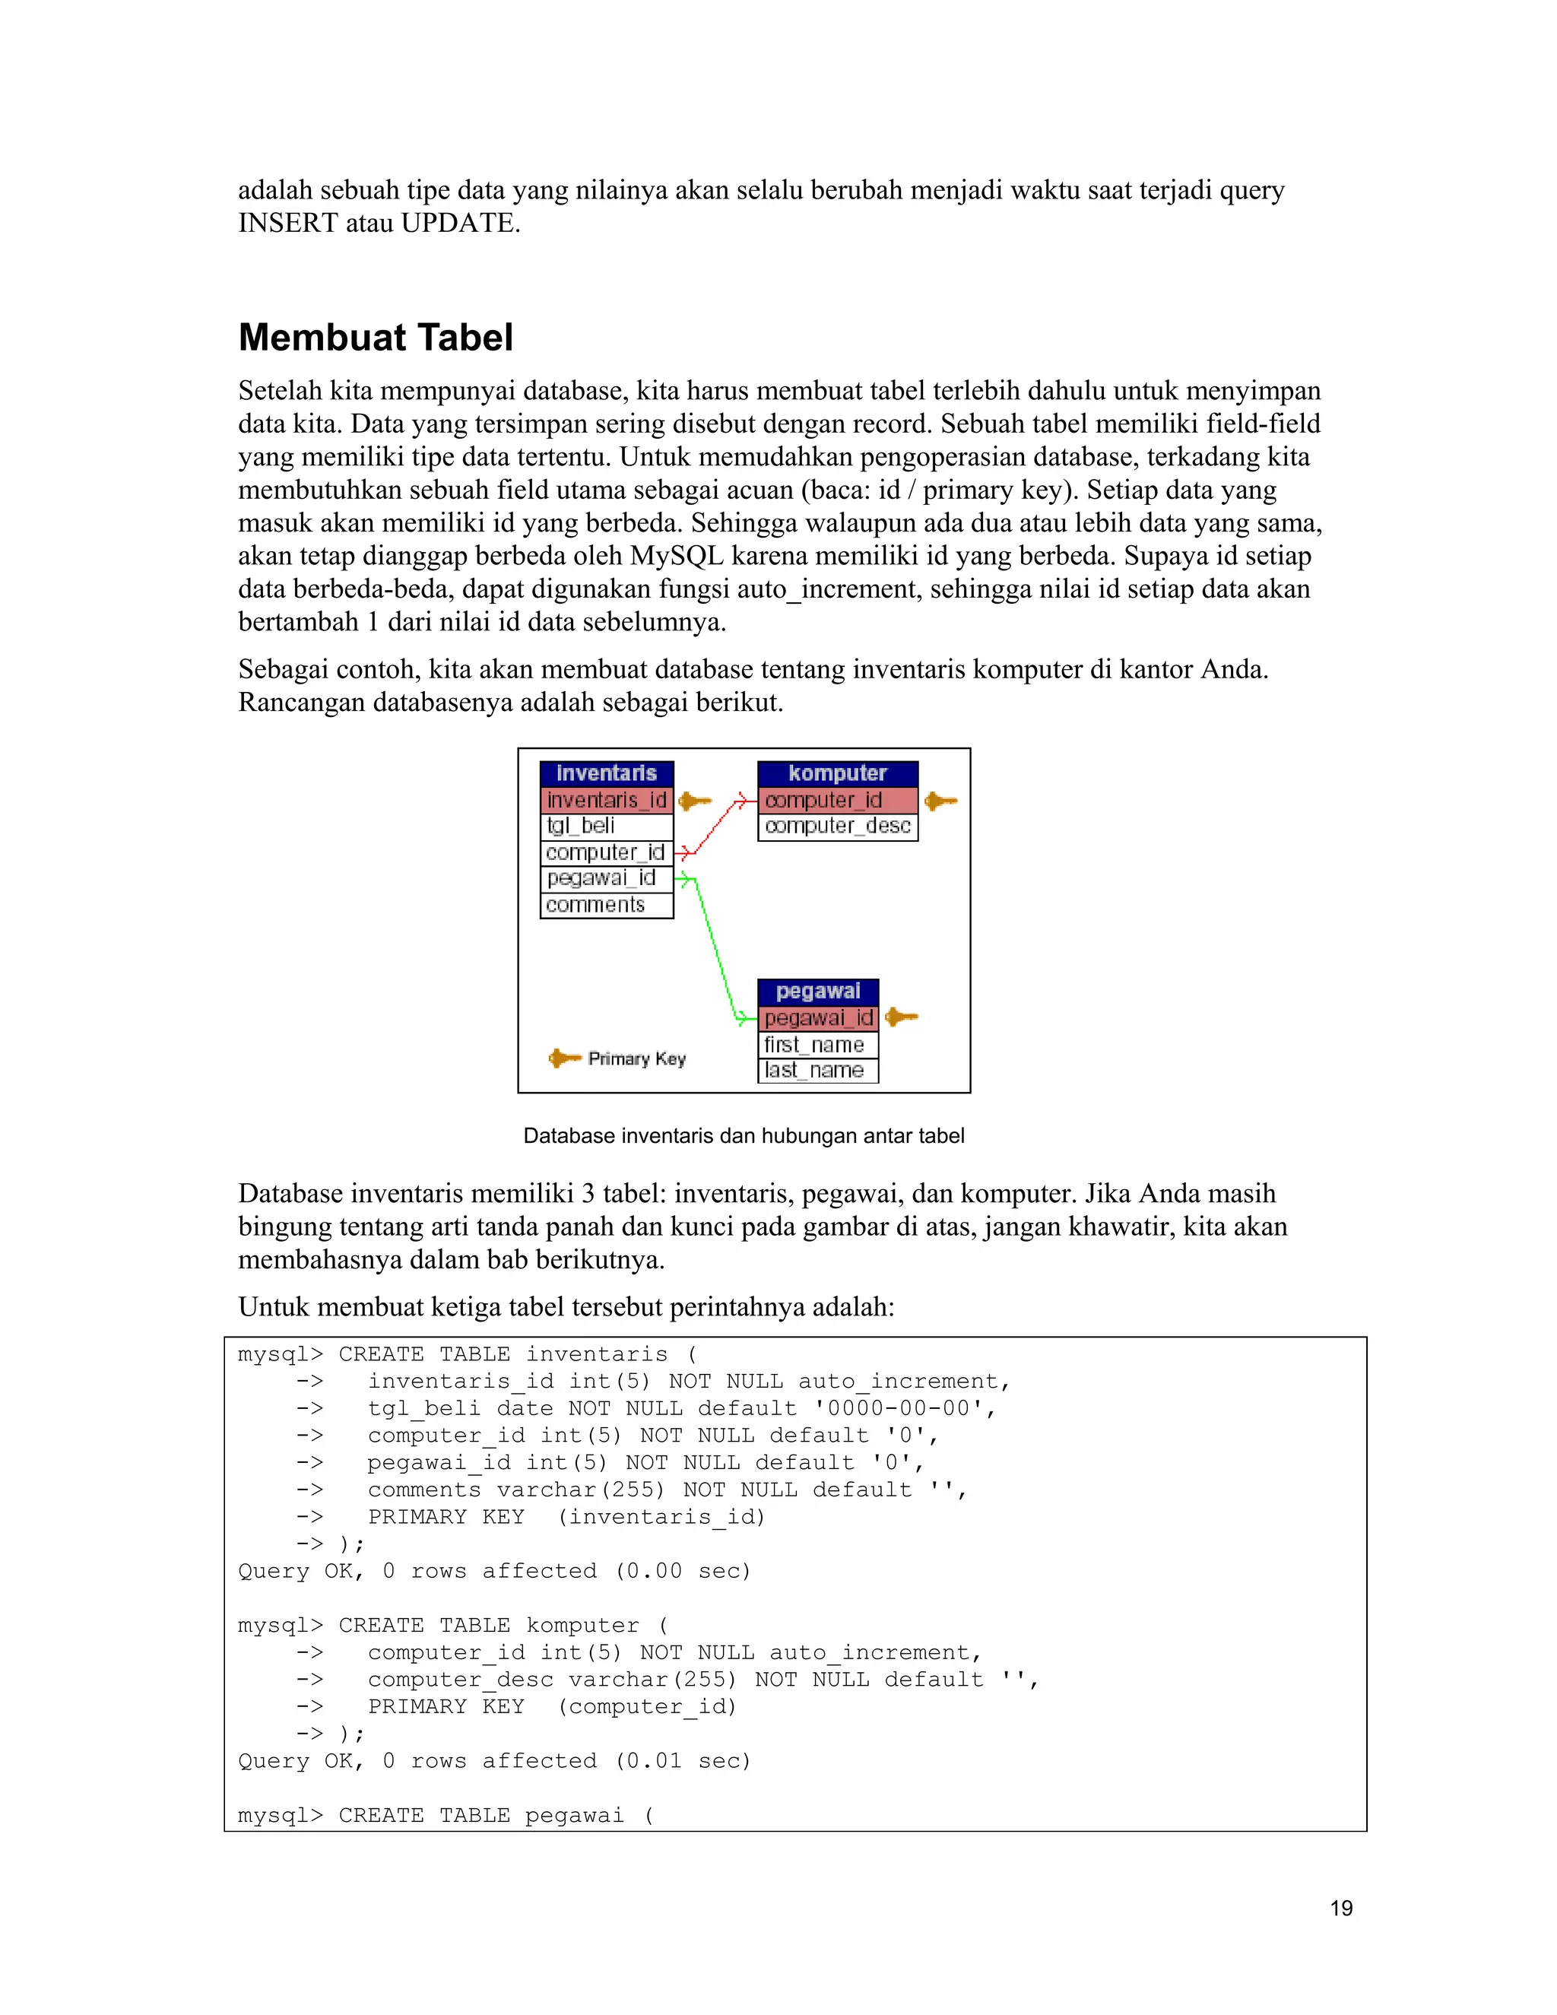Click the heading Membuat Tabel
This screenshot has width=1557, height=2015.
pos(376,338)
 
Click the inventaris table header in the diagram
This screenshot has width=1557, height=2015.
pos(606,773)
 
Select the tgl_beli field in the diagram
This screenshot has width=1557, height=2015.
pos(580,826)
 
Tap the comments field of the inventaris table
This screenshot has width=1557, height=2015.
pos(595,905)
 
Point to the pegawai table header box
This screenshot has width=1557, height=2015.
pos(817,992)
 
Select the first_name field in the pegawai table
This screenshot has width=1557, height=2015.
pos(814,1046)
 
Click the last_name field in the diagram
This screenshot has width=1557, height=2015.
pos(814,1071)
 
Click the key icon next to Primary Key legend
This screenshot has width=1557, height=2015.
pos(565,1058)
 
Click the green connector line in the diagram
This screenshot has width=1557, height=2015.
pos(715,946)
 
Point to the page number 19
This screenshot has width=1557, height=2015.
pos(1341,1908)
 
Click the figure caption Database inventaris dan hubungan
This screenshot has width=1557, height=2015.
pos(744,1136)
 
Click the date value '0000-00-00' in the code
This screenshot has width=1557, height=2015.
pos(899,1408)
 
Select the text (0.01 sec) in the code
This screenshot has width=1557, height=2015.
pos(683,1760)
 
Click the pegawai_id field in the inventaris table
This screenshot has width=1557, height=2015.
pos(601,878)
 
